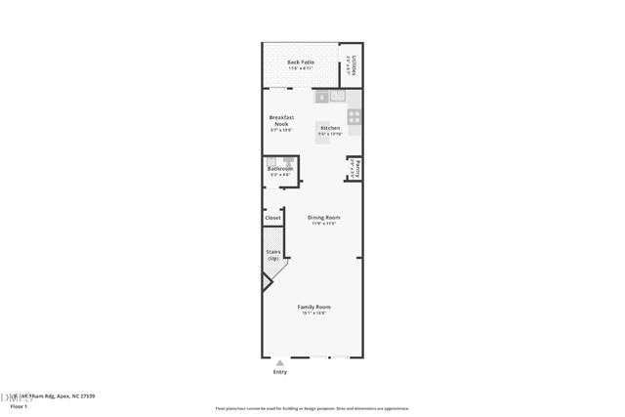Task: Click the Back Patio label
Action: pyautogui.click(x=300, y=63)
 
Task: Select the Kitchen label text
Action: pyautogui.click(x=330, y=128)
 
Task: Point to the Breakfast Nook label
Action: pyautogui.click(x=281, y=121)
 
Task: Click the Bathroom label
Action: pyautogui.click(x=280, y=169)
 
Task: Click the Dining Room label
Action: pyautogui.click(x=323, y=217)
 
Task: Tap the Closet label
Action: pyautogui.click(x=272, y=218)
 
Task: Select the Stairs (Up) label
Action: pyautogui.click(x=273, y=255)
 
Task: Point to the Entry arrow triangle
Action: pyautogui.click(x=280, y=362)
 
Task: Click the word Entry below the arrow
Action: pyautogui.click(x=280, y=372)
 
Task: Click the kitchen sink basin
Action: pyautogui.click(x=337, y=97)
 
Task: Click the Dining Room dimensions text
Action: pyautogui.click(x=323, y=224)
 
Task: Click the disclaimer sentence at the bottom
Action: pyautogui.click(x=312, y=407)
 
